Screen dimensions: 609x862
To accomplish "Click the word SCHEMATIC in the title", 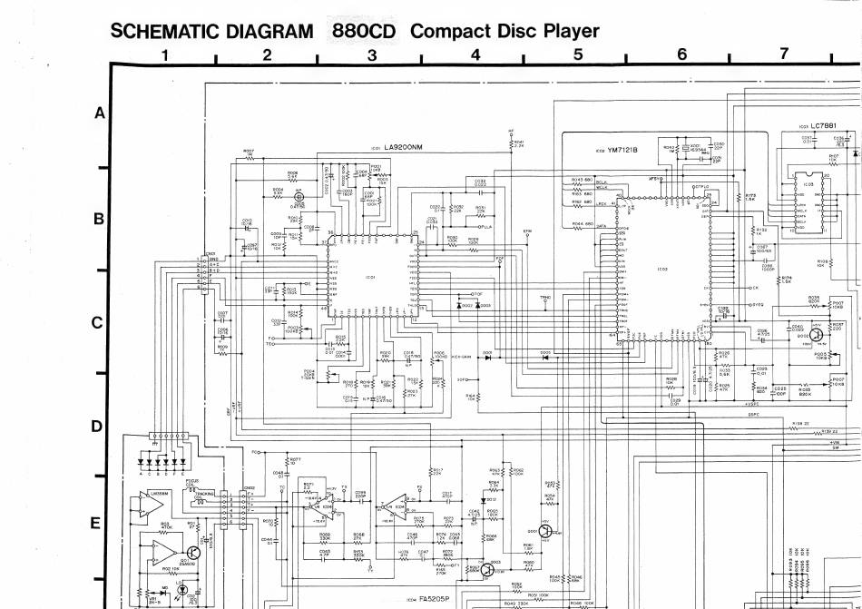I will (166, 32).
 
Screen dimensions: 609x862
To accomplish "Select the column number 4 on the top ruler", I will (475, 55).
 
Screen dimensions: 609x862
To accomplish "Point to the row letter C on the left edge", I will (99, 323).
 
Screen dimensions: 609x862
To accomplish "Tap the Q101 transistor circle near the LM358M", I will (193, 551).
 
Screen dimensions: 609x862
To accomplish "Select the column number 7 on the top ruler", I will (784, 55).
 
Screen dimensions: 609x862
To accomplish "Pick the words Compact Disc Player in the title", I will (504, 32).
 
